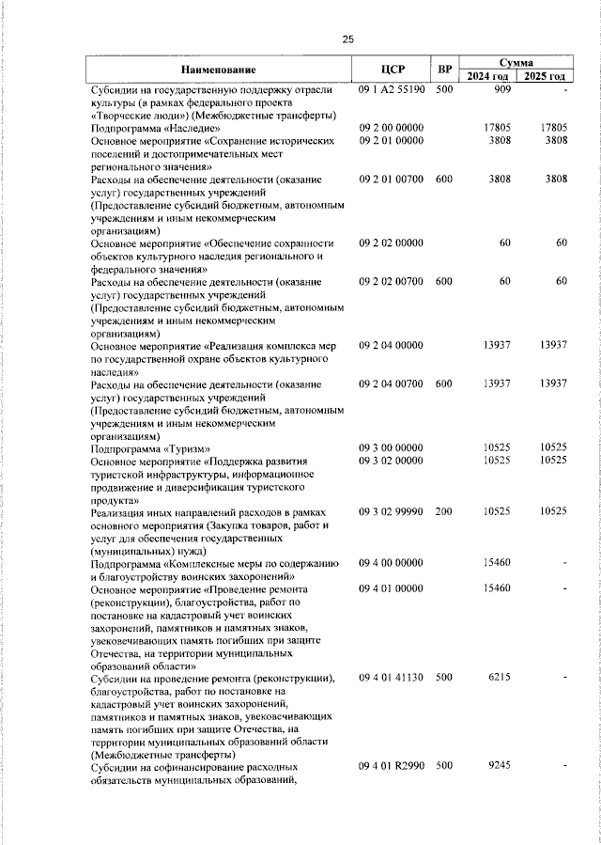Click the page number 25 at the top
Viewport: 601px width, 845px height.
(348, 39)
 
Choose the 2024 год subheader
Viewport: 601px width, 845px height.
(488, 76)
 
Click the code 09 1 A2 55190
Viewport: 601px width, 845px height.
(393, 89)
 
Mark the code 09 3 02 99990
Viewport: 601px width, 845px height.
(393, 511)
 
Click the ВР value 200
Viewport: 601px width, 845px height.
(444, 511)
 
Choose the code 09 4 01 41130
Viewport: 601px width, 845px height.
(393, 677)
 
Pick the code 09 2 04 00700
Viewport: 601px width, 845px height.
(393, 383)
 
